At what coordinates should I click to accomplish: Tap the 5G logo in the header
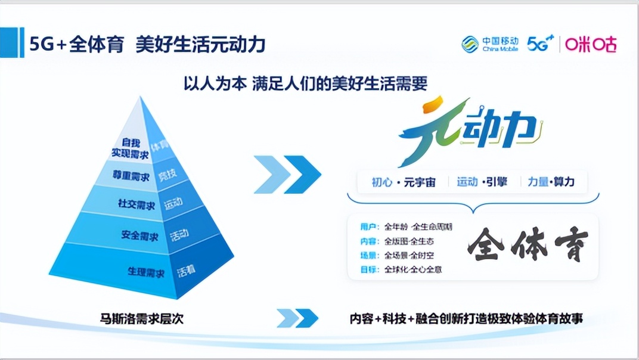point(540,44)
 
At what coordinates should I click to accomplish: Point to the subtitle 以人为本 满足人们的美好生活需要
point(305,83)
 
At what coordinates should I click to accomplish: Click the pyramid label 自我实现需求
point(128,148)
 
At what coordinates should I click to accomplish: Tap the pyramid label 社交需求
point(137,204)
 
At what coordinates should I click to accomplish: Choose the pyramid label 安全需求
point(139,235)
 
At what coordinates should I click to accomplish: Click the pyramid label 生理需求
point(145,272)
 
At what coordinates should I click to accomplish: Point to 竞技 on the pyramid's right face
point(167,175)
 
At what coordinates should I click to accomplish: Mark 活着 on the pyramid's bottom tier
point(186,272)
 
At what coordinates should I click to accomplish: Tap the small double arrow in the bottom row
point(297,318)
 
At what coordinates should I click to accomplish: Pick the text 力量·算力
point(551,182)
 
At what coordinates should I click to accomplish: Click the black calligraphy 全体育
point(528,245)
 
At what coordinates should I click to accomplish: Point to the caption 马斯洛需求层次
point(141,319)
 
